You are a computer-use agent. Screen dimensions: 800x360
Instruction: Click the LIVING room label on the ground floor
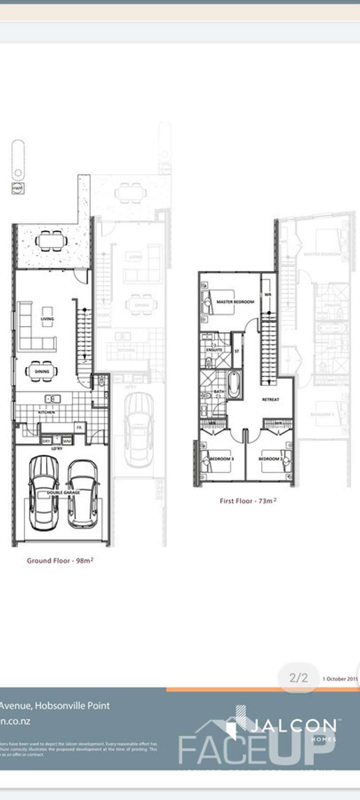47,318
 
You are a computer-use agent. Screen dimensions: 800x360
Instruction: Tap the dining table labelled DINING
42,371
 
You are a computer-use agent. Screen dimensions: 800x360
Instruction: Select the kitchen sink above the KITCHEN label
52,399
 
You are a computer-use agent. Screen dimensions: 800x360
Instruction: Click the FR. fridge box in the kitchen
80,427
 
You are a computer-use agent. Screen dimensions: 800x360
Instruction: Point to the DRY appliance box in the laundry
47,440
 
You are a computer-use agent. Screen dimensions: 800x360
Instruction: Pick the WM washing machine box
67,440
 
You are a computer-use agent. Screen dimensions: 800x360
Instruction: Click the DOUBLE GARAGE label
63,493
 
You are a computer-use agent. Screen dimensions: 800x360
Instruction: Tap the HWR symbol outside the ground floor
18,189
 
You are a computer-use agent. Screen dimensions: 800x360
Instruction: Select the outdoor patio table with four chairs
50,240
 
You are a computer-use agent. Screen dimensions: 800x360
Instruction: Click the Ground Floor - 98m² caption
60,560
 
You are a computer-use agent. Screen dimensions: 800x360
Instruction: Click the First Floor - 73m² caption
248,501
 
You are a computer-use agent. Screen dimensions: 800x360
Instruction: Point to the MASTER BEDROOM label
235,302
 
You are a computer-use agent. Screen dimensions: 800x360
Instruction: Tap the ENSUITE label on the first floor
214,350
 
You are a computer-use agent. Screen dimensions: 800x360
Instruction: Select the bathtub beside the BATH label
234,385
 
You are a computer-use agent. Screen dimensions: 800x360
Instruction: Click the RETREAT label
271,400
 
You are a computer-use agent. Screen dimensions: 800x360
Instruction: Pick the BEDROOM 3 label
221,459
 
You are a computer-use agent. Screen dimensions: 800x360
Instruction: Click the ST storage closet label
237,352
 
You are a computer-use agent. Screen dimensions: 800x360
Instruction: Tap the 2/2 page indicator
299,678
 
